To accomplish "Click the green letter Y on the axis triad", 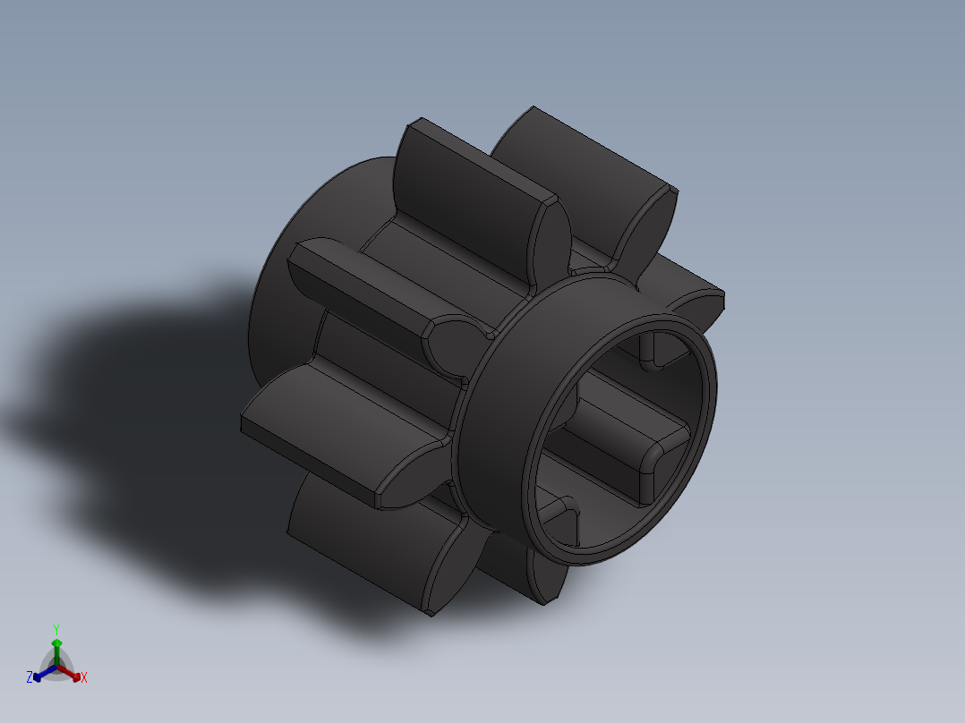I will [x=56, y=628].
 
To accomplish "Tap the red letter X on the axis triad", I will [x=84, y=678].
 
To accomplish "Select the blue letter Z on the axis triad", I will [x=30, y=677].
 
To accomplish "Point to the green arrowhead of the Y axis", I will [x=56, y=644].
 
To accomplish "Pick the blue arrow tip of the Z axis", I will [x=38, y=676].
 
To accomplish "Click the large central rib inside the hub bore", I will [x=627, y=438].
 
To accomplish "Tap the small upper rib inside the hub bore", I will [x=652, y=349].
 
